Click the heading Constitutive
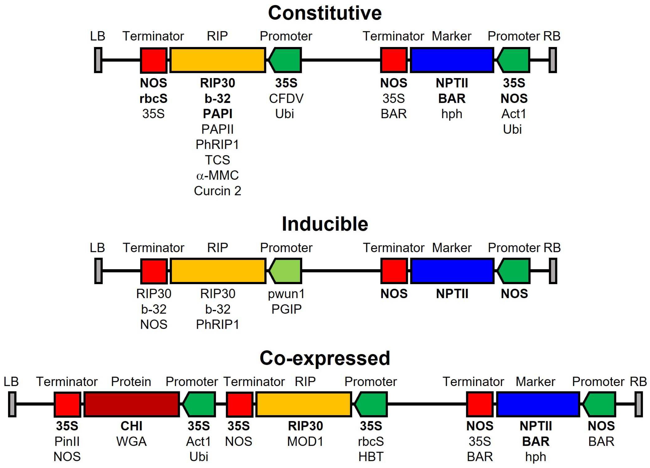[x=325, y=13]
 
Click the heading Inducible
[x=325, y=224]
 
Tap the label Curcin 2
[x=218, y=191]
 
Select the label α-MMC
[x=218, y=175]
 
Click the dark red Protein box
[x=132, y=404]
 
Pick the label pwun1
[x=286, y=294]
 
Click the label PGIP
[x=286, y=309]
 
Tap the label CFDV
[x=286, y=99]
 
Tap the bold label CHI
[x=131, y=426]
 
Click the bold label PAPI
[x=218, y=114]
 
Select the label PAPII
[x=218, y=129]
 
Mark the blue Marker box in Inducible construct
[x=452, y=271]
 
